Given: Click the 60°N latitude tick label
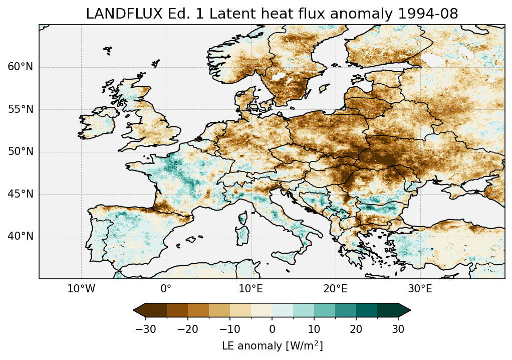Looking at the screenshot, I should (20, 67).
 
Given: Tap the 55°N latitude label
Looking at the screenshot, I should (20, 109).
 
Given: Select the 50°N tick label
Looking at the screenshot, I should (20, 152).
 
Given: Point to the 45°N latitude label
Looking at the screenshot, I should (20, 194).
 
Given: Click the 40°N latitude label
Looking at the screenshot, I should (20, 236).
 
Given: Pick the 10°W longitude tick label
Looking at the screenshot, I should (81, 289).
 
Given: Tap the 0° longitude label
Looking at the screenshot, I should (166, 289).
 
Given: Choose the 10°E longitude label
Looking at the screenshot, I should (250, 289).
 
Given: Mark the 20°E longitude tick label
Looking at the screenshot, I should (335, 289).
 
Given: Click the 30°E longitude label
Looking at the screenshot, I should (420, 289).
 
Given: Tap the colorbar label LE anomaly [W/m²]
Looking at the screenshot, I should (272, 346).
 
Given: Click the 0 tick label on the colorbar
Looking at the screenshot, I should (272, 329).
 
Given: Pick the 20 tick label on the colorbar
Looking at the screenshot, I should (356, 329).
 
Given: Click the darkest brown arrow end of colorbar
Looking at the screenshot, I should (139, 310).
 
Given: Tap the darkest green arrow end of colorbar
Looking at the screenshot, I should (405, 310).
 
